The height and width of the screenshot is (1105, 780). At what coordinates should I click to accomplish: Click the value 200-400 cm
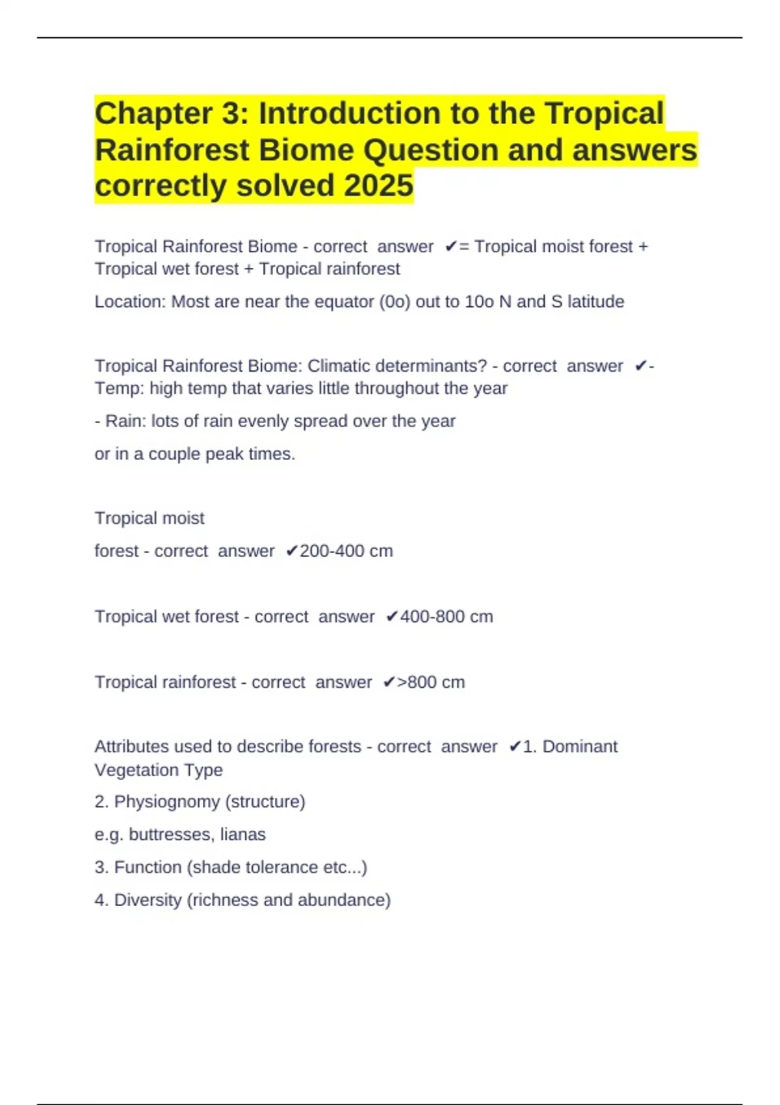click(x=346, y=551)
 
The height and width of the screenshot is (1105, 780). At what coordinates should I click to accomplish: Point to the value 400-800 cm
click(x=446, y=617)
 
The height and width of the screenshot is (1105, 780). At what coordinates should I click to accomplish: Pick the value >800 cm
click(x=431, y=682)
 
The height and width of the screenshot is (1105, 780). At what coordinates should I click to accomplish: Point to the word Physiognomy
click(x=166, y=802)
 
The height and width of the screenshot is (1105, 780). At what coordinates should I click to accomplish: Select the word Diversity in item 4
click(x=148, y=900)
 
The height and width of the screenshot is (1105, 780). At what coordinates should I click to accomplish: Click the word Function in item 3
click(x=148, y=868)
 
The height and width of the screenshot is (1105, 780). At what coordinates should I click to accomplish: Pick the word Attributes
click(x=130, y=747)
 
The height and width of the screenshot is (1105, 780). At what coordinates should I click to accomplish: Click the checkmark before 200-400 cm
click(x=292, y=551)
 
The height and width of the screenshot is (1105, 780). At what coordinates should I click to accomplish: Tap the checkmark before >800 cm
click(x=389, y=682)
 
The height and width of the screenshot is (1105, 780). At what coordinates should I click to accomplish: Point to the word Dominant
click(x=580, y=747)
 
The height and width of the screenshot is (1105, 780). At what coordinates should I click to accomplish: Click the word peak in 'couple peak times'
click(x=224, y=454)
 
